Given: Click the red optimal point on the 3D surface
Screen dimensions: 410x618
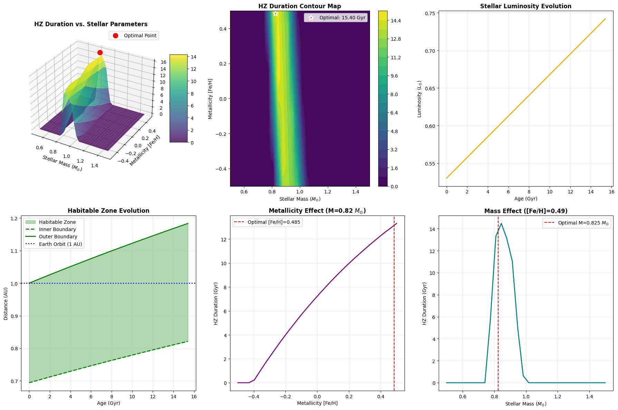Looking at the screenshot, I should pos(100,52).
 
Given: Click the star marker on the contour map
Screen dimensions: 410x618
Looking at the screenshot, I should pos(275,13).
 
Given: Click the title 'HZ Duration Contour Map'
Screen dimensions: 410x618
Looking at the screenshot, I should pos(300,6).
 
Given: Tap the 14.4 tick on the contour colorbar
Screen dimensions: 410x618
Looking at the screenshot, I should pos(396,21).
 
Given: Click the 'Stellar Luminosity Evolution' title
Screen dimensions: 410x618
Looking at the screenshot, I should pos(525,6).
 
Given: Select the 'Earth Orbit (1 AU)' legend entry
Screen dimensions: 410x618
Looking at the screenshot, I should pos(60,244).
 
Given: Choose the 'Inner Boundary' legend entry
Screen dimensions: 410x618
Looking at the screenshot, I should pos(57,229).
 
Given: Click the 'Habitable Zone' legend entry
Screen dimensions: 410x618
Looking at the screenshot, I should pos(57,222).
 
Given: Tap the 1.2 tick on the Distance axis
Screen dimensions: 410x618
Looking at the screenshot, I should pos(14,219).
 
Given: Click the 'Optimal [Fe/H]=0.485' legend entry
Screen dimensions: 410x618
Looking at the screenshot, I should pos(274,222).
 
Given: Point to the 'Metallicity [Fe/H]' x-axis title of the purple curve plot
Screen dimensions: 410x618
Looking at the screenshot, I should pos(317,403).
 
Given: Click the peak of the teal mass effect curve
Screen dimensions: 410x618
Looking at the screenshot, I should pos(501,223).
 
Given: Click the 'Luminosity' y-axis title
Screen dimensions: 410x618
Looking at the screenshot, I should pos(419,99).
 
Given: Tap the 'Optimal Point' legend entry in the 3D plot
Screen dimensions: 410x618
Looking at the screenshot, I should pos(140,36).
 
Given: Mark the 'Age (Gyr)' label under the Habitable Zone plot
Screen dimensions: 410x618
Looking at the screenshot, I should pos(108,403).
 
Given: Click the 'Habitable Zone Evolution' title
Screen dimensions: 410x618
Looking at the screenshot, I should pos(108,211).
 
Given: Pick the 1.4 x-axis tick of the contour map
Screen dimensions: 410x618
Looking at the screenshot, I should pos(355,192).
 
